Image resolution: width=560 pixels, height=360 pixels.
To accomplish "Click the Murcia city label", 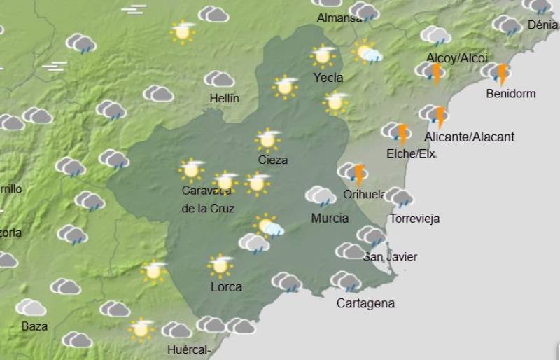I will [x=330, y=219].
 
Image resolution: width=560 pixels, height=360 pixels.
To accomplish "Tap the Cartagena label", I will [x=365, y=303].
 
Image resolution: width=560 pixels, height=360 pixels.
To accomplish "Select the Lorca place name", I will [x=226, y=286].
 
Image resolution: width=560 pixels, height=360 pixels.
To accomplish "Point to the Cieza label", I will [x=272, y=160].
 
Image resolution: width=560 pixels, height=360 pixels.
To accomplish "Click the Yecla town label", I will [x=328, y=78].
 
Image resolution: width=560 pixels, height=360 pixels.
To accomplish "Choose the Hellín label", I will [x=224, y=99].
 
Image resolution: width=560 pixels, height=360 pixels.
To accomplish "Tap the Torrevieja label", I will [x=414, y=219].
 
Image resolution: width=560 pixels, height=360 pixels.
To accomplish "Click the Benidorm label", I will [x=510, y=93].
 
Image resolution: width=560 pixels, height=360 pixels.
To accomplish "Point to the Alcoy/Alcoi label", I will [x=457, y=58].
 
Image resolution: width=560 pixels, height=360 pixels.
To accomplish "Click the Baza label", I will [x=34, y=326].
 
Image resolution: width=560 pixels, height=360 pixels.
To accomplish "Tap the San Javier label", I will [x=391, y=257].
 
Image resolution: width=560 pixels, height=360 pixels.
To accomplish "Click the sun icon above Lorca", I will [x=220, y=265].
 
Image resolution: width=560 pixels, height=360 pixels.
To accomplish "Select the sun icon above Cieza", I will [x=267, y=139].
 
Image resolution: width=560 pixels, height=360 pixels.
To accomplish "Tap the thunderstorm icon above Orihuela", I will [x=353, y=173].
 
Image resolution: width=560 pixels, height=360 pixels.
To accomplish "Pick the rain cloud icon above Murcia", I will [x=320, y=195].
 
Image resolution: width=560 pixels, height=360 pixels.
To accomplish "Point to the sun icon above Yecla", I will [x=323, y=55].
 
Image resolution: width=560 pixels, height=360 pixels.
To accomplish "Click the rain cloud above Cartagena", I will [x=346, y=282].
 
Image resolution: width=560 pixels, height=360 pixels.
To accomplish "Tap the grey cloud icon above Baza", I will [x=31, y=307].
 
